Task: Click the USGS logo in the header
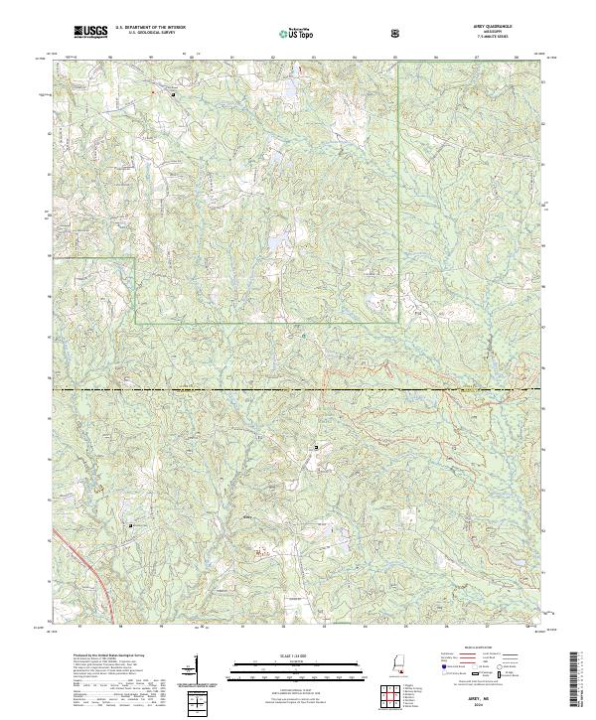[x=91, y=33]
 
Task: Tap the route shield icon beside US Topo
[x=396, y=34]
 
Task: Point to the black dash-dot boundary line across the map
[x=298, y=390]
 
